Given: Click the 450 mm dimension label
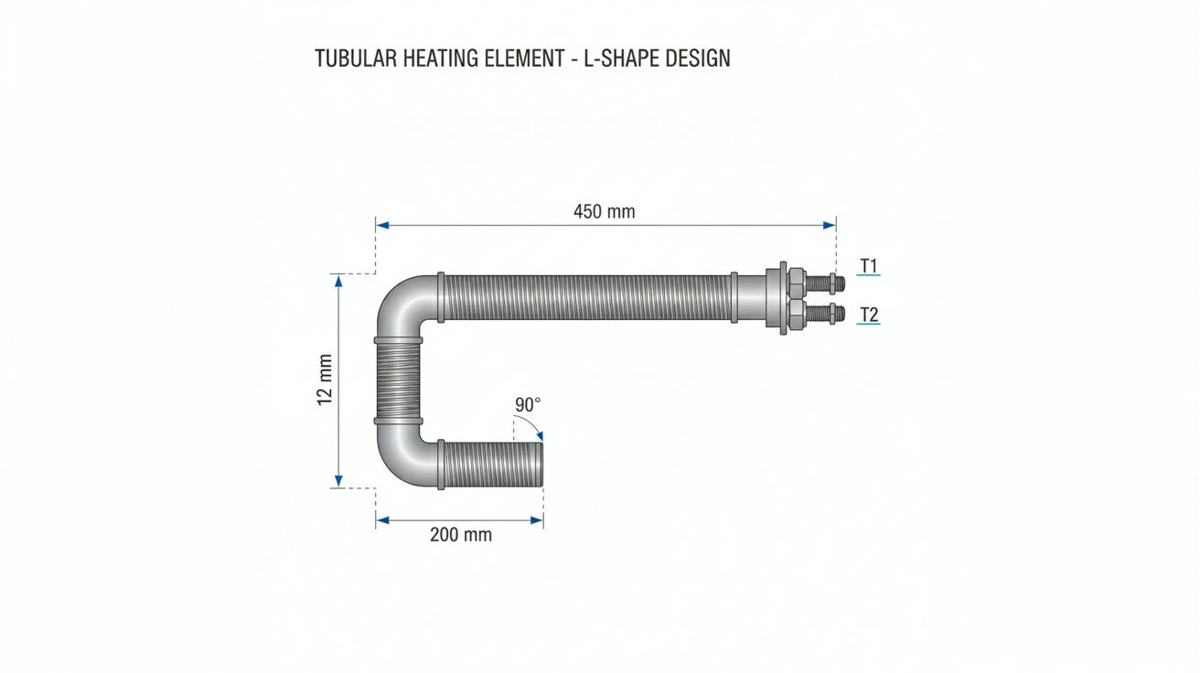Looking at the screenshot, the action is [604, 211].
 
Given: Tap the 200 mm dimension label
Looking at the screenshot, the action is [461, 534].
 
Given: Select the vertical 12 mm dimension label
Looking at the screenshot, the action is [325, 379].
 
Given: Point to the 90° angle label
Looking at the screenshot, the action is [528, 405].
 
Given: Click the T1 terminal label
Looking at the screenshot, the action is [868, 265].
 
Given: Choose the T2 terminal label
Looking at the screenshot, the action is [868, 315].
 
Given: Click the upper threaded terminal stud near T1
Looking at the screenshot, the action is [825, 283].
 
